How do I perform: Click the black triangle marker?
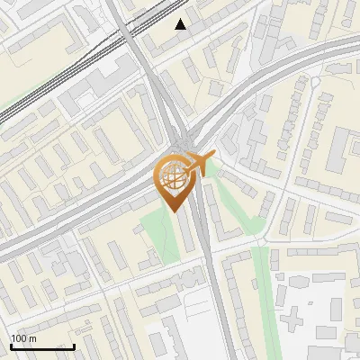click(181, 24)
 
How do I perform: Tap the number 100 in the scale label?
click(18, 338)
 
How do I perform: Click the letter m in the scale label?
click(32, 338)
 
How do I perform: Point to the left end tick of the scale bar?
click(11, 346)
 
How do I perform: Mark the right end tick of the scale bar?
click(74, 346)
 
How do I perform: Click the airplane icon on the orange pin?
click(200, 164)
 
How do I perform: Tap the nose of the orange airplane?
click(214, 157)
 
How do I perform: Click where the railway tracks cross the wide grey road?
click(127, 36)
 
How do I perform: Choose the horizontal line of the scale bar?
click(42, 347)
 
